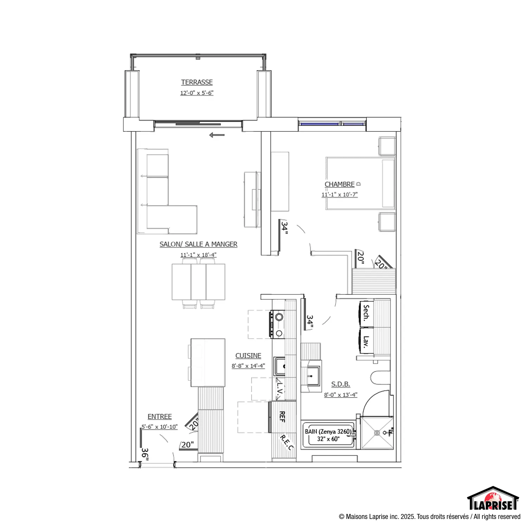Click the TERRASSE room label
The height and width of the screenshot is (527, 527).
pos(197,82)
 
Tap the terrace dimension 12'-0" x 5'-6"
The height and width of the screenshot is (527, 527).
pos(197,93)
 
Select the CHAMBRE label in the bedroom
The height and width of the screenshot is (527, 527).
pos(339,184)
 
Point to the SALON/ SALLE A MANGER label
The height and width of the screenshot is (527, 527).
pos(199,244)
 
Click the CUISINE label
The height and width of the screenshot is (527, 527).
pos(248,356)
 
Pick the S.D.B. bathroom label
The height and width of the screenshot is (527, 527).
pos(340,384)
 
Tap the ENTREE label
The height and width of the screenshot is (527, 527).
pos(160,417)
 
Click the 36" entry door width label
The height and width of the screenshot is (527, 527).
pos(145,454)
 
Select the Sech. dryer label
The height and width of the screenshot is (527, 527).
pos(366,313)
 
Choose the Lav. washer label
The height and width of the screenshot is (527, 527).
pos(366,341)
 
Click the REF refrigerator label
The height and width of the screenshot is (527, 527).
pos(282,417)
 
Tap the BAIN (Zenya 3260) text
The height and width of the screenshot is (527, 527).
pos(328,431)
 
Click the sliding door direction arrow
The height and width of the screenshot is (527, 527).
pos(217,135)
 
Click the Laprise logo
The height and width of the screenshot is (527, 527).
pos(493,498)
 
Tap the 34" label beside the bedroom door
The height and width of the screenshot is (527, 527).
pos(284,228)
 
